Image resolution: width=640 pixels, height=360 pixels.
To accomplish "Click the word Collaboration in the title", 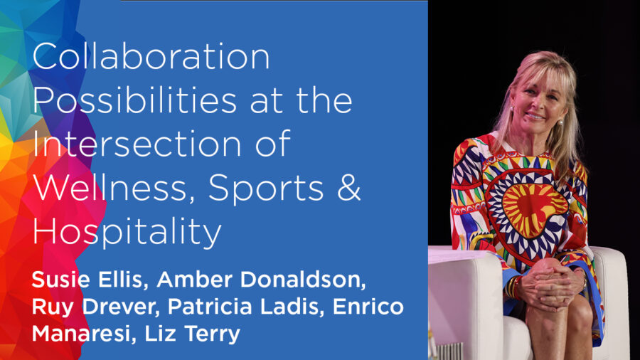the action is (x=151, y=56).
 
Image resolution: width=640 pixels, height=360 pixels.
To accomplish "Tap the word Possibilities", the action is (x=134, y=100).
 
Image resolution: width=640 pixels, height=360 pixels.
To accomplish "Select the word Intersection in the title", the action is (x=137, y=144).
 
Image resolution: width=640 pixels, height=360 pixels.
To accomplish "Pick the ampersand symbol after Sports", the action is (x=349, y=188).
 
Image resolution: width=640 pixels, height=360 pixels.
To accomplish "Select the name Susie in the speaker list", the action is (x=61, y=280).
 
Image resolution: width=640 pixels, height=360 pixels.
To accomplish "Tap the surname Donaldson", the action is (x=302, y=280).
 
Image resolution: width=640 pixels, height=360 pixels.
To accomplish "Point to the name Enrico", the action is (x=368, y=307).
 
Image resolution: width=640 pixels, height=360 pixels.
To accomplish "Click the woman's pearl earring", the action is (x=560, y=122).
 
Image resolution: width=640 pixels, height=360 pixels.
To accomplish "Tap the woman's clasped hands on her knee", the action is (x=547, y=285).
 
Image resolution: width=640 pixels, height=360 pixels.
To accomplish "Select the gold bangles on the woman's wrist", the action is (x=513, y=287).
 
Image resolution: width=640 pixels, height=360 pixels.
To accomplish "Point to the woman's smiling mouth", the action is (x=535, y=117).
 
